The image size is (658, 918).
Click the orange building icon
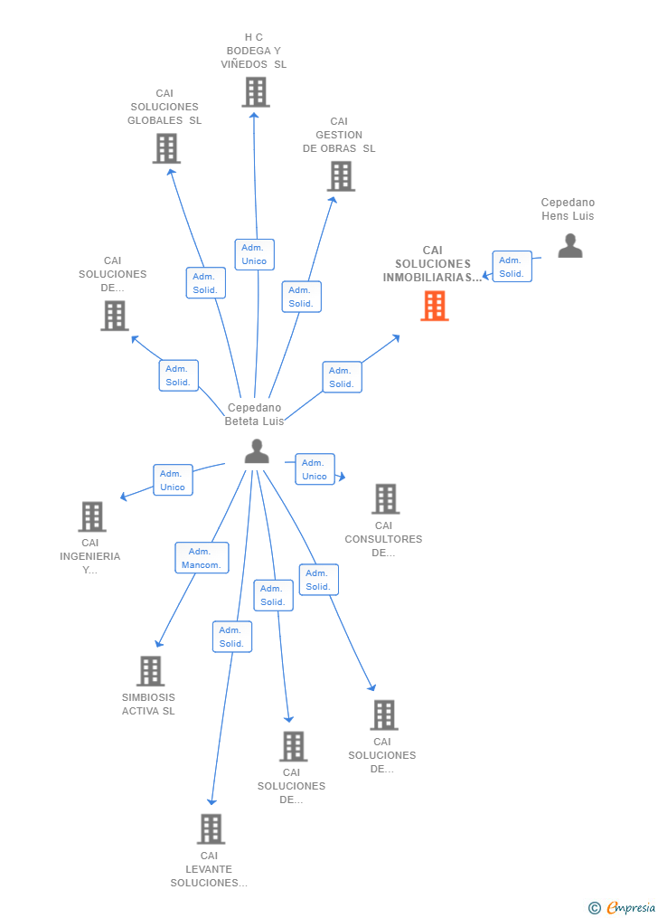click(x=435, y=306)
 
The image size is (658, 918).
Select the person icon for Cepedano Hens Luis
click(x=570, y=246)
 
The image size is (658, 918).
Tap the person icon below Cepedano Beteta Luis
click(x=257, y=451)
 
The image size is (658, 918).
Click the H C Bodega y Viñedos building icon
click(x=256, y=92)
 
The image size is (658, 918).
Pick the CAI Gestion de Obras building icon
click(x=341, y=176)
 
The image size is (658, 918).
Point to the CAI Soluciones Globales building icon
click(x=166, y=148)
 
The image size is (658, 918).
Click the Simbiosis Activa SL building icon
click(x=150, y=670)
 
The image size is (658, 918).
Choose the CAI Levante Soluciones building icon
click(x=211, y=829)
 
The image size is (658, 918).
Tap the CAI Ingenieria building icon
click(x=92, y=516)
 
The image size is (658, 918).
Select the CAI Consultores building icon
click(x=385, y=499)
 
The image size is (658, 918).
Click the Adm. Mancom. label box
click(x=202, y=558)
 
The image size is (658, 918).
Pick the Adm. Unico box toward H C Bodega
click(x=254, y=255)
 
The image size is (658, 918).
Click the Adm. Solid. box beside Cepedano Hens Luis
click(x=512, y=267)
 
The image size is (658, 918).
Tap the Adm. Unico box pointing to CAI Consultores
click(x=315, y=469)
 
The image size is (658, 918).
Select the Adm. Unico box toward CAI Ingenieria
click(x=173, y=480)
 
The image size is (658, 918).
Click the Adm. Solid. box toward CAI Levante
click(x=232, y=637)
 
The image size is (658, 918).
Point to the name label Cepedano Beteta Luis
click(x=254, y=414)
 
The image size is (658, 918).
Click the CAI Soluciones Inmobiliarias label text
click(x=433, y=264)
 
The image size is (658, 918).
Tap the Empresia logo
click(x=622, y=907)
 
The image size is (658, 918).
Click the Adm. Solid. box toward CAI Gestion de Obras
click(x=301, y=297)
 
